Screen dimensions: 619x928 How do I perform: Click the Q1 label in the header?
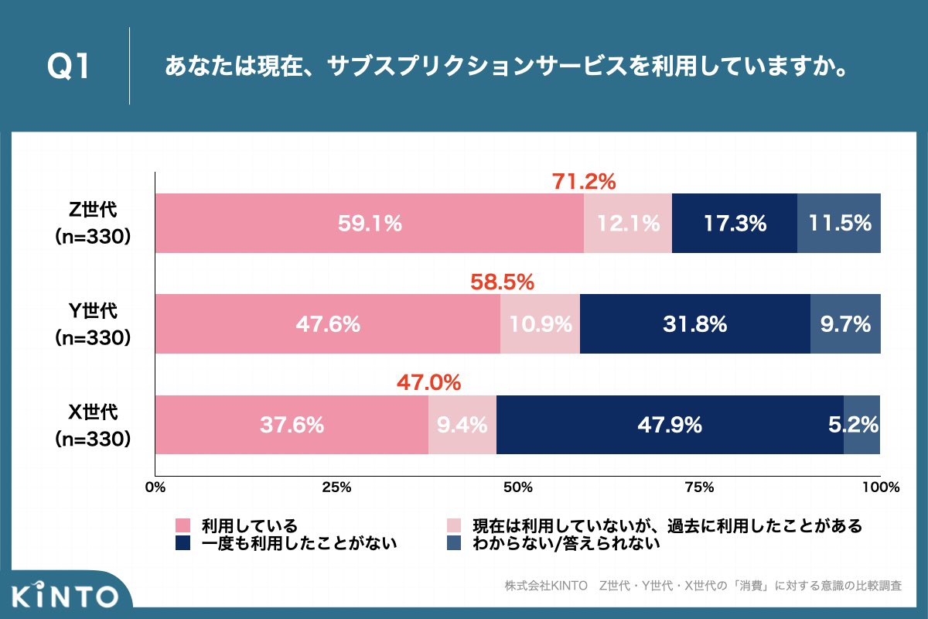pos(69,67)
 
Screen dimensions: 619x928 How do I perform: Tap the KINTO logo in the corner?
pos(65,596)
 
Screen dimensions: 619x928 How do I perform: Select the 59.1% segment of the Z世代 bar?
pos(370,224)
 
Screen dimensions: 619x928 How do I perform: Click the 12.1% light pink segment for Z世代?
pos(628,224)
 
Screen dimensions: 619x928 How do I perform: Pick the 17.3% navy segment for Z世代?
pos(735,224)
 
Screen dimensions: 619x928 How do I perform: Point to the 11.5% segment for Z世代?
pos(839,224)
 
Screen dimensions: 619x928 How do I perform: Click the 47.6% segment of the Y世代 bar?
pos(328,324)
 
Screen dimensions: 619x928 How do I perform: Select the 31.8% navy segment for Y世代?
pos(694,324)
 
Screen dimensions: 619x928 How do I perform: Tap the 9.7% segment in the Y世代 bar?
pos(845,324)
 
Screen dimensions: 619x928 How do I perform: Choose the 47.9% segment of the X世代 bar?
pos(670,425)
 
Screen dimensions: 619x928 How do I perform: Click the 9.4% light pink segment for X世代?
pos(462,425)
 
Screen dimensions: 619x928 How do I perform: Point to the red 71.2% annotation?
pos(583,182)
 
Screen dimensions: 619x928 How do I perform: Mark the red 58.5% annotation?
pos(503,282)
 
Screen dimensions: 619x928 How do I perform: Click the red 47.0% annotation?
pos(428,382)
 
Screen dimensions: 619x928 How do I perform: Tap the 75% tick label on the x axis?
pos(699,487)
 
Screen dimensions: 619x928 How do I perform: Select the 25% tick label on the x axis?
pos(336,487)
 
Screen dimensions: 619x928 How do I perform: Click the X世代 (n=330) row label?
pos(92,425)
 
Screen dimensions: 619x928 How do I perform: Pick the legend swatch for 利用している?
pos(183,525)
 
